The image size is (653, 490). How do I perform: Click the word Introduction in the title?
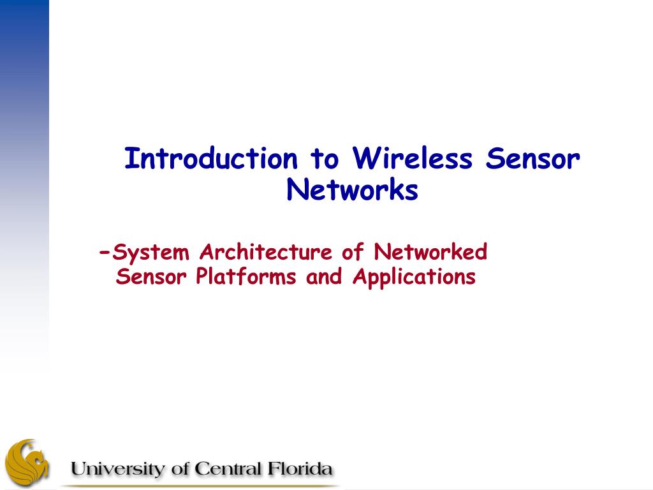coord(211,158)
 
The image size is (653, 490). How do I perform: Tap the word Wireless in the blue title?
coord(413,158)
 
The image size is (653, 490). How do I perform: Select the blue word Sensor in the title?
coord(532,158)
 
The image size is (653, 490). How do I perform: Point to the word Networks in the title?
coord(352,189)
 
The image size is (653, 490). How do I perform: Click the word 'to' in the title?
coord(325,159)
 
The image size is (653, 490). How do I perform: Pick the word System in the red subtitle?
coord(150,253)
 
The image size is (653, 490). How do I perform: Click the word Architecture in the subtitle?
coord(266,251)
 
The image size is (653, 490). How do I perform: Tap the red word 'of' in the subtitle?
coord(353,251)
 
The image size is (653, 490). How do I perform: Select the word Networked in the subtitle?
coord(430,251)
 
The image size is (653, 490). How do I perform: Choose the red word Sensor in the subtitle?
coord(151,276)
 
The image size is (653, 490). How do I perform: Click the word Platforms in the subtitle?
coord(246,276)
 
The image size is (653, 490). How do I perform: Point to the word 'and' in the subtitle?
coord(324,276)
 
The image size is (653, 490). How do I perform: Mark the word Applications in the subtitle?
coord(415,277)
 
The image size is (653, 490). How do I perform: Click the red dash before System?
coord(105,253)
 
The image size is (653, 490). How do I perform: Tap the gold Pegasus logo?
coord(27,461)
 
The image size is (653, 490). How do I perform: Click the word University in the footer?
coord(118,469)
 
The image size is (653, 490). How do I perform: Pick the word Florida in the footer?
coord(300,469)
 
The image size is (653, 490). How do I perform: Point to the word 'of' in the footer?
coord(180,469)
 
